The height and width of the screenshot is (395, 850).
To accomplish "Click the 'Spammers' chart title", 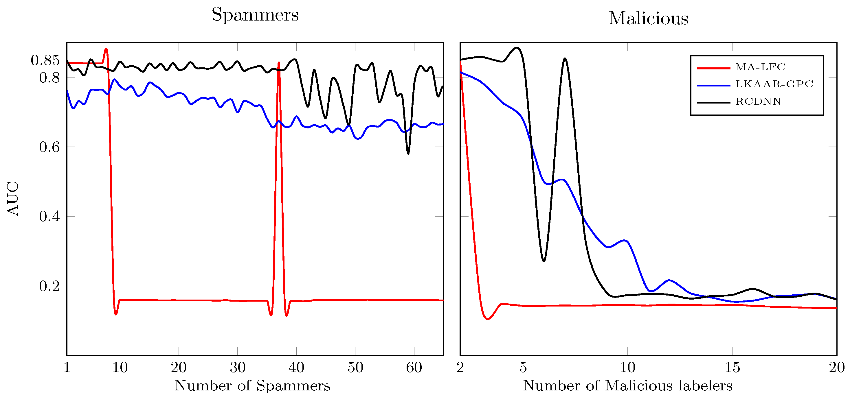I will tap(255, 15).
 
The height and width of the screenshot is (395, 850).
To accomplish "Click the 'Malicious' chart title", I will tap(648, 19).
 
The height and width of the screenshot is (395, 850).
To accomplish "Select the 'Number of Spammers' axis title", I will tap(252, 385).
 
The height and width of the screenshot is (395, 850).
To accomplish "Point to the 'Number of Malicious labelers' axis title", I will tap(628, 385).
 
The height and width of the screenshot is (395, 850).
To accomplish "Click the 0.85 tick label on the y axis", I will tap(45, 60).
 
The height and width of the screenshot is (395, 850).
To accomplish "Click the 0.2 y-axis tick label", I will tap(49, 286).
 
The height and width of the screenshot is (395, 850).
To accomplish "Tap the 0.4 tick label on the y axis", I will tap(49, 217).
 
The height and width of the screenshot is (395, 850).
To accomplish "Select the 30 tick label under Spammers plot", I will tap(237, 367).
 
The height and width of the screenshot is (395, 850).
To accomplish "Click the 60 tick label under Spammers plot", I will tap(414, 367).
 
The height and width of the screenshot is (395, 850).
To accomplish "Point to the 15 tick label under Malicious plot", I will tap(732, 367).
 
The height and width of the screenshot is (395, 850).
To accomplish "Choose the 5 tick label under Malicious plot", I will tap(523, 367).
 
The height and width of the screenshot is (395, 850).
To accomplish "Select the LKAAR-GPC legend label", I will tap(774, 84).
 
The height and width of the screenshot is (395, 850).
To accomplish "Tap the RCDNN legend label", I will tap(758, 101).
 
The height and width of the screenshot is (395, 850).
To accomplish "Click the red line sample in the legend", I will tap(713, 68).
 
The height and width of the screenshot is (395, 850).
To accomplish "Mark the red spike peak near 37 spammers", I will tap(279, 62).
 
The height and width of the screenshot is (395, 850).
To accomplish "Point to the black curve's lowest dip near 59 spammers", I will tap(408, 154).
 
